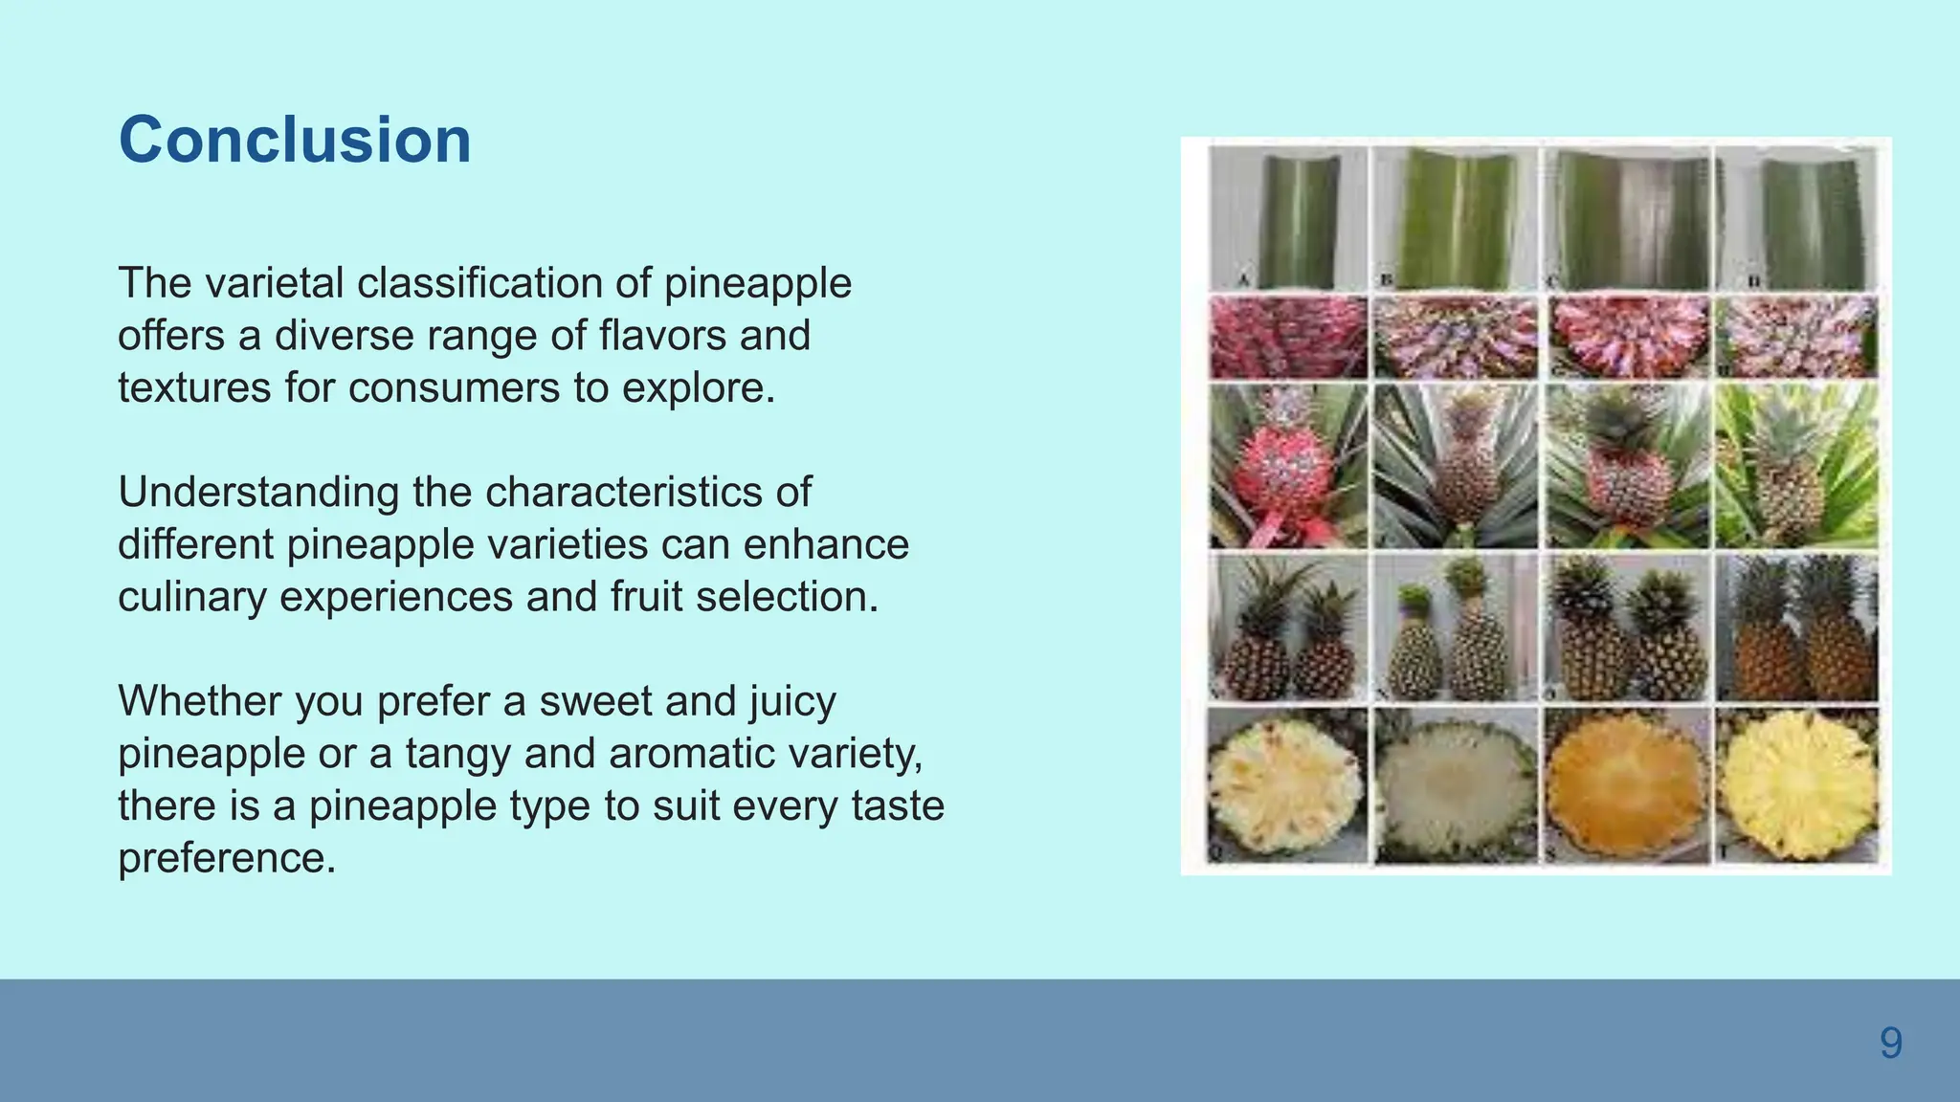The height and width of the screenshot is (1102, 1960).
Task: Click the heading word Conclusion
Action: click(x=295, y=141)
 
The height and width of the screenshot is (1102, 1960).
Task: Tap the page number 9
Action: click(x=1890, y=1043)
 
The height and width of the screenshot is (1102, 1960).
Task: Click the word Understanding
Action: click(x=258, y=493)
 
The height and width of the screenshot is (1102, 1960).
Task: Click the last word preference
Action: click(x=227, y=858)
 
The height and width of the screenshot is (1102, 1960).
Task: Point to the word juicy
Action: click(x=792, y=701)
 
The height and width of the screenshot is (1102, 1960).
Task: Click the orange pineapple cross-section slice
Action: click(x=1625, y=786)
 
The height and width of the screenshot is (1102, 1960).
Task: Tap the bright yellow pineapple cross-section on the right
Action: click(x=1797, y=786)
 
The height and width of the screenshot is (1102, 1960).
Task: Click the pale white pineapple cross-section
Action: click(x=1455, y=786)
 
